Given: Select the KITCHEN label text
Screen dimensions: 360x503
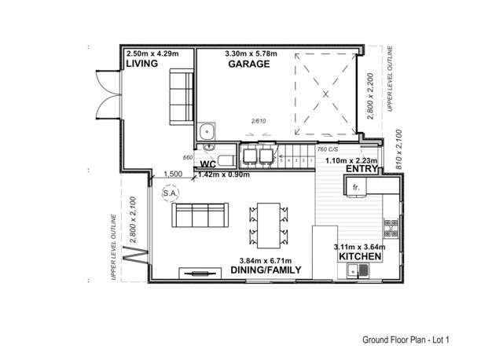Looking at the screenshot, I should point(360,257).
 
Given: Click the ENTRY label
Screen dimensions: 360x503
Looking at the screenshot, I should point(361,168).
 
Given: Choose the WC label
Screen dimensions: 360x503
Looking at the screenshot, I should point(207,163).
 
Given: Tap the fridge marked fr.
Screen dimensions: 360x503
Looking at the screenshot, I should point(355,188).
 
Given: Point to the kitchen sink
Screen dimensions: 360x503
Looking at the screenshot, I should point(358,272).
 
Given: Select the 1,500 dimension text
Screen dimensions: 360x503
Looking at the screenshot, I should point(173,174).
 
